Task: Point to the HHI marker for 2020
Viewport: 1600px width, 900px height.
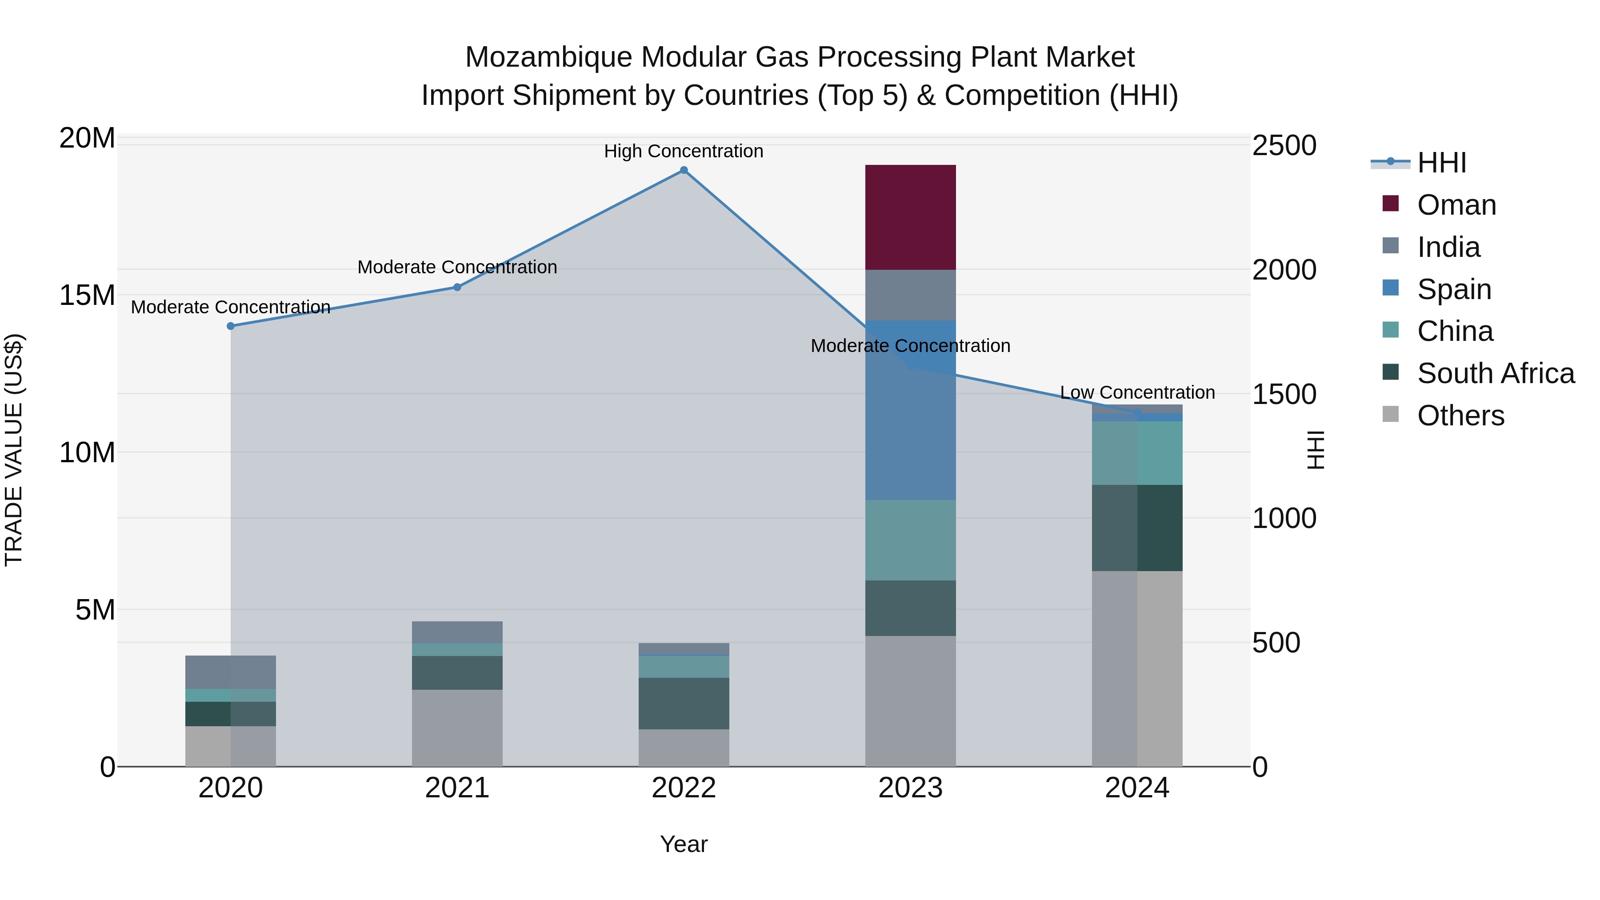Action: coord(230,326)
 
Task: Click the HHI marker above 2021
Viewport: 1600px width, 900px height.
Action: coord(457,287)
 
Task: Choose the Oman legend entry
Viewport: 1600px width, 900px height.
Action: coord(1456,205)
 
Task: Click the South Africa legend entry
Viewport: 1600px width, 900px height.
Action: coord(1495,373)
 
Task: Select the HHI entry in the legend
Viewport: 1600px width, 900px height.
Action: coord(1441,163)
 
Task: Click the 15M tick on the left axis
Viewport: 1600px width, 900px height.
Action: coord(87,295)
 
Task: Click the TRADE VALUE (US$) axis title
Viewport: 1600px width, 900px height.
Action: coord(14,450)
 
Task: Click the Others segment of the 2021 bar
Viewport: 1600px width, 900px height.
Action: coord(457,728)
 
